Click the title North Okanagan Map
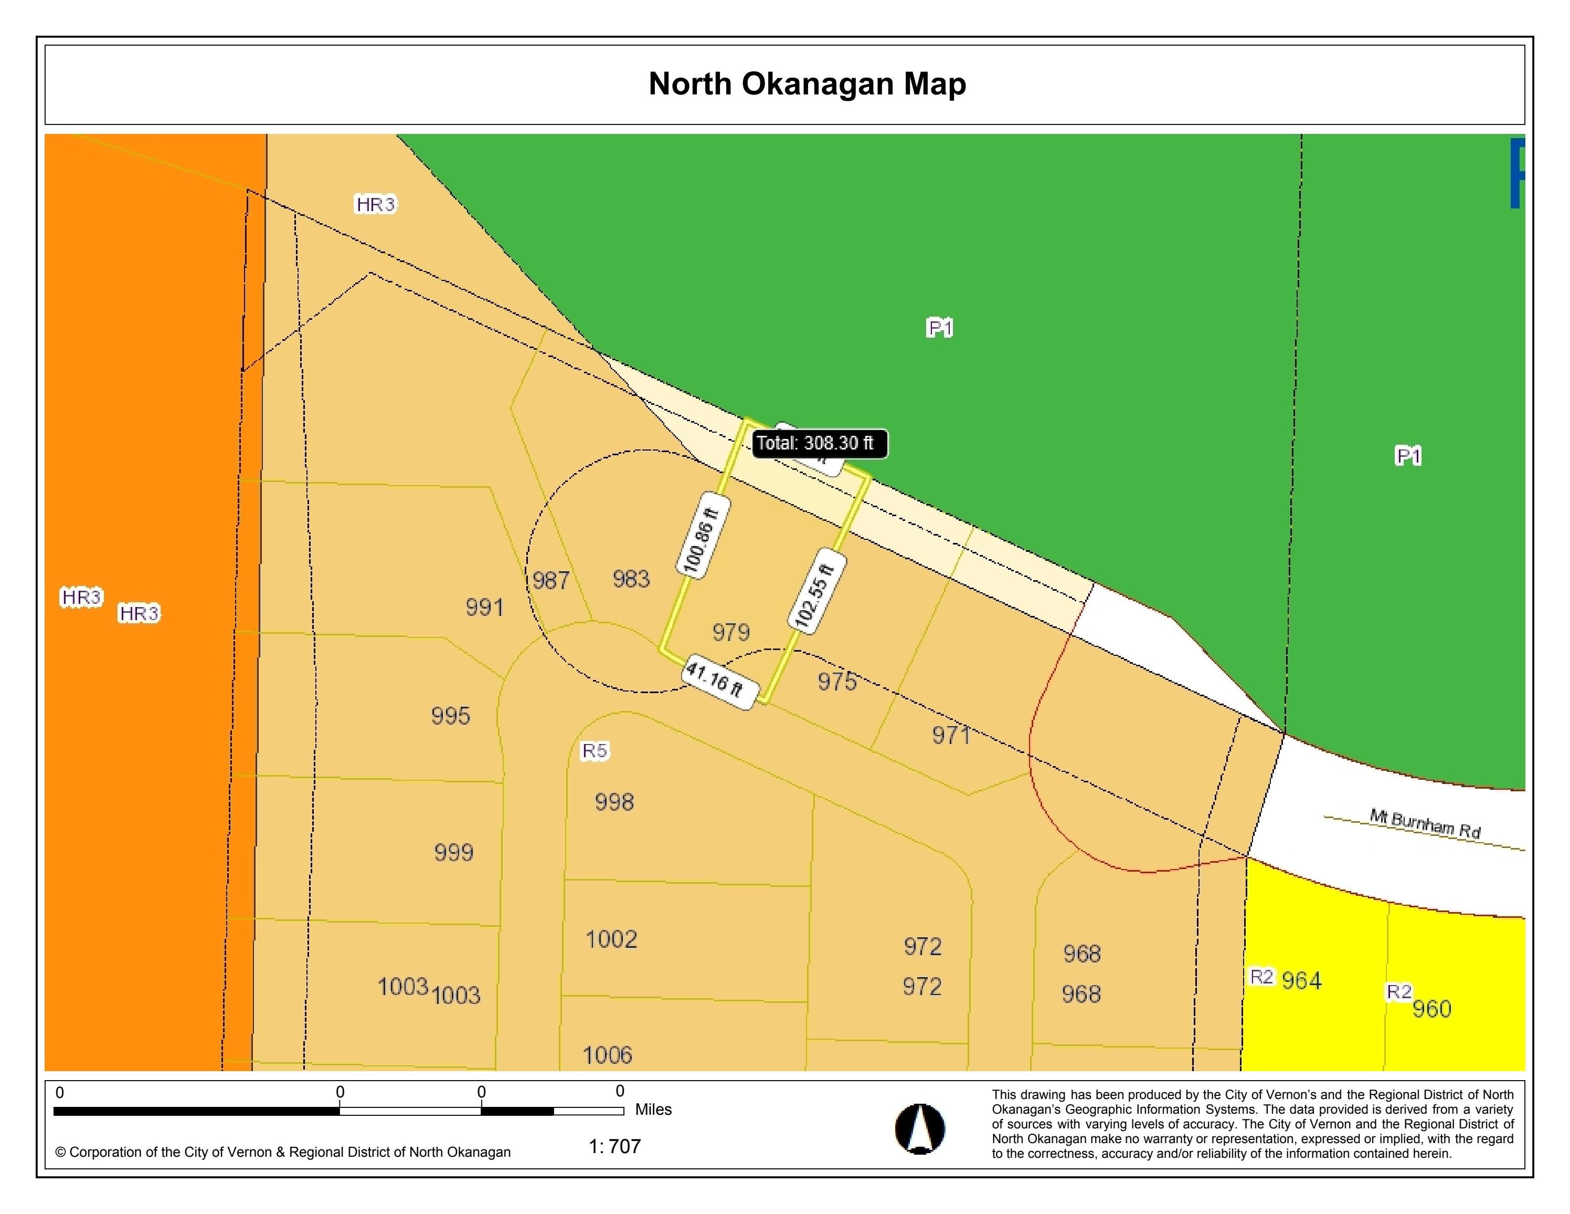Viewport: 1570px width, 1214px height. click(x=807, y=84)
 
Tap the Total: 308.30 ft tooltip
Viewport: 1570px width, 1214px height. click(x=819, y=444)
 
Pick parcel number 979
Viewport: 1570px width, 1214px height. click(x=731, y=633)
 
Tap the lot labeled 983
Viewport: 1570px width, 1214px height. click(x=631, y=579)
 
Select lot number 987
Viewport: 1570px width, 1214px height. click(x=550, y=580)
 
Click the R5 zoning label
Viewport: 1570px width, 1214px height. click(x=595, y=751)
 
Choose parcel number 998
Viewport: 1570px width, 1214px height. click(x=614, y=802)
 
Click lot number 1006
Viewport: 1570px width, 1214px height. click(x=608, y=1055)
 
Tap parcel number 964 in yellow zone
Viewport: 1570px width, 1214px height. click(x=1301, y=980)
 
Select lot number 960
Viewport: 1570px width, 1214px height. click(x=1431, y=1009)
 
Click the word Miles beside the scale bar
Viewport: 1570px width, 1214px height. click(x=653, y=1110)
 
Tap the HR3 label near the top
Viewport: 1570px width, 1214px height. click(x=375, y=205)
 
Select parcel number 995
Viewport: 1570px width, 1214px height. click(x=451, y=716)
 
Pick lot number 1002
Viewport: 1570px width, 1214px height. click(x=611, y=939)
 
